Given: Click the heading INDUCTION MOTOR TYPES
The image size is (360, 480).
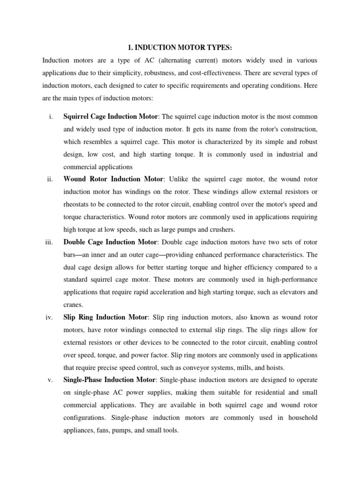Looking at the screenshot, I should tap(180, 47).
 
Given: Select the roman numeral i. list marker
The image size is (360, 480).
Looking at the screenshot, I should tap(50, 116).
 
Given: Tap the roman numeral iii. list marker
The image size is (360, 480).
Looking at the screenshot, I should tap(49, 242).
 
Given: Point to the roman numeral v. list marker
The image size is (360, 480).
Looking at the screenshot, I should tap(50, 380).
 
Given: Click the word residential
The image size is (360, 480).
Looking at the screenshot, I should tap(256, 392).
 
